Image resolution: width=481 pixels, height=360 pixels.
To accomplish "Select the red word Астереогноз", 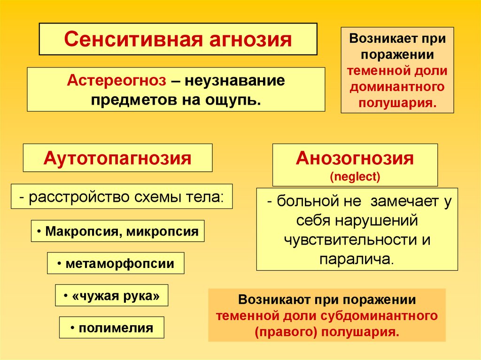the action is [116, 80].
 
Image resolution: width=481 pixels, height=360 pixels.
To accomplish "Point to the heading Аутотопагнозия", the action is [117, 158].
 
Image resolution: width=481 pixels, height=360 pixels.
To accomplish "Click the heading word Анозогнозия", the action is [355, 159].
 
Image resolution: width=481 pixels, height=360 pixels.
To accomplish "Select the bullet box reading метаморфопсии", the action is [116, 264].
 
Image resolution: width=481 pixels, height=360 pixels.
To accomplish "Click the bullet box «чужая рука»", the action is [112, 296].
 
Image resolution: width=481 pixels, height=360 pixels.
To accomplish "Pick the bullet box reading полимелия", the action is [112, 328].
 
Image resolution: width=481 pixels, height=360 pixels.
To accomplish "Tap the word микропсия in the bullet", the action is [161, 231].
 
